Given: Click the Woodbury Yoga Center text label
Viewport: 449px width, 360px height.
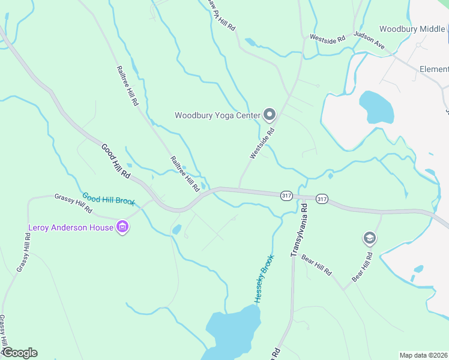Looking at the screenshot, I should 217,115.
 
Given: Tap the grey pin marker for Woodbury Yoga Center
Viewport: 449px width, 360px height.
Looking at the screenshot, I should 270,114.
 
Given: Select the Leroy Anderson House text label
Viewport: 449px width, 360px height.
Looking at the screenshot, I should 71,227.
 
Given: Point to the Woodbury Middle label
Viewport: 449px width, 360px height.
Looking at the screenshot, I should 412,29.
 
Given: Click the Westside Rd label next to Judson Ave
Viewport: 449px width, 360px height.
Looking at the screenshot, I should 327,38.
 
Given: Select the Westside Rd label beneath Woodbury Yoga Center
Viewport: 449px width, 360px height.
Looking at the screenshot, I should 262,143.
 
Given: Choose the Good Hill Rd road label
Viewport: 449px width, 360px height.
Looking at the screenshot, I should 116,161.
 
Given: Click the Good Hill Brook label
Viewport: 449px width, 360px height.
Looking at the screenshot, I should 109,199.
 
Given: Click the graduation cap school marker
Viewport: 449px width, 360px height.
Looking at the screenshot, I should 370,239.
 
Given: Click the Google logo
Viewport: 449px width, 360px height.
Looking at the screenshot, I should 19,353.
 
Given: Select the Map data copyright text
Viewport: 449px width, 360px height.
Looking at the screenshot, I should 423,355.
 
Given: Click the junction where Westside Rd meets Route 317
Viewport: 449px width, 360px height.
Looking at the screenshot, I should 240,188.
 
